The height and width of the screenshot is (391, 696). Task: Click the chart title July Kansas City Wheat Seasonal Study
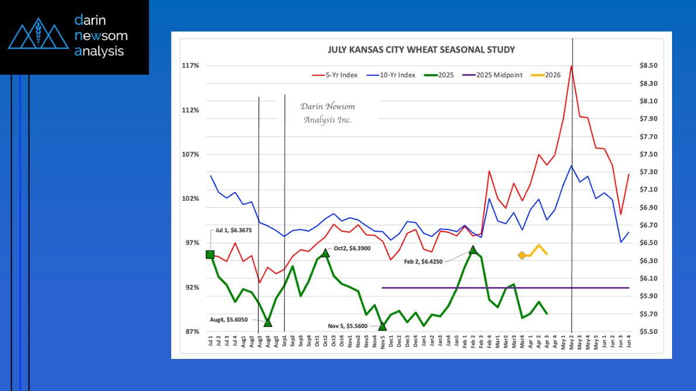(x=421, y=50)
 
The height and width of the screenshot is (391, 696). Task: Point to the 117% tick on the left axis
(x=191, y=65)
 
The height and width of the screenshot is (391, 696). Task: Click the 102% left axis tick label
(x=191, y=198)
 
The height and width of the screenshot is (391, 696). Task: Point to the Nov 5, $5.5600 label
(x=349, y=326)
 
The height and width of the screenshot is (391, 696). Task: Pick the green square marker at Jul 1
(x=210, y=254)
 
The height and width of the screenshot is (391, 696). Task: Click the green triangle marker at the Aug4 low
(x=268, y=322)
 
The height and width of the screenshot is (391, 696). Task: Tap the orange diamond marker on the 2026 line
(x=522, y=255)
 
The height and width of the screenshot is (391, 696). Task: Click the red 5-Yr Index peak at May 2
(x=571, y=66)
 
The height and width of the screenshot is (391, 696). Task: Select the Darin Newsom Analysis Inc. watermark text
(x=327, y=113)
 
